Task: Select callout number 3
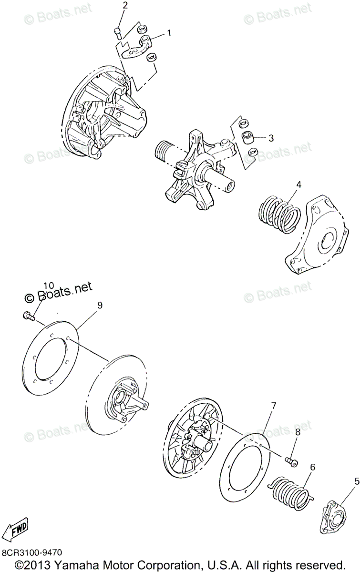(271, 138)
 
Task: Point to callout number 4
(298, 184)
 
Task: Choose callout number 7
(273, 406)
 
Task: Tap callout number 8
(298, 432)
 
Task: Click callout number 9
(100, 306)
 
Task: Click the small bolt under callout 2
(117, 32)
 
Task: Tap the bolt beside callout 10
(29, 315)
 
